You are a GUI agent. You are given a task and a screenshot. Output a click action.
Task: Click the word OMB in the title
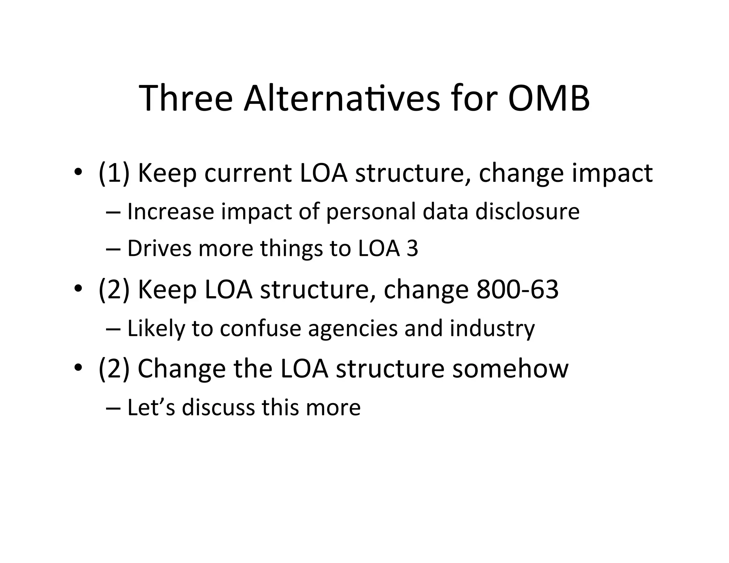point(549,98)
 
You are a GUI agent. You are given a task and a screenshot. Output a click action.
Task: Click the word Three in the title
point(185,98)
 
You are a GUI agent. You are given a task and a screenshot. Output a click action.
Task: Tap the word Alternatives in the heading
point(342,98)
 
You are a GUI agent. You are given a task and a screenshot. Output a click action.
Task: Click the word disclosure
point(528,211)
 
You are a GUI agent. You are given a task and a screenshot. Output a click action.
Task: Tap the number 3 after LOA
point(412,248)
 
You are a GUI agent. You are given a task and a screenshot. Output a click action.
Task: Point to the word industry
point(492,329)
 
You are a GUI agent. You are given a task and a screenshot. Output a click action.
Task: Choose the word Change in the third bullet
point(182,369)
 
